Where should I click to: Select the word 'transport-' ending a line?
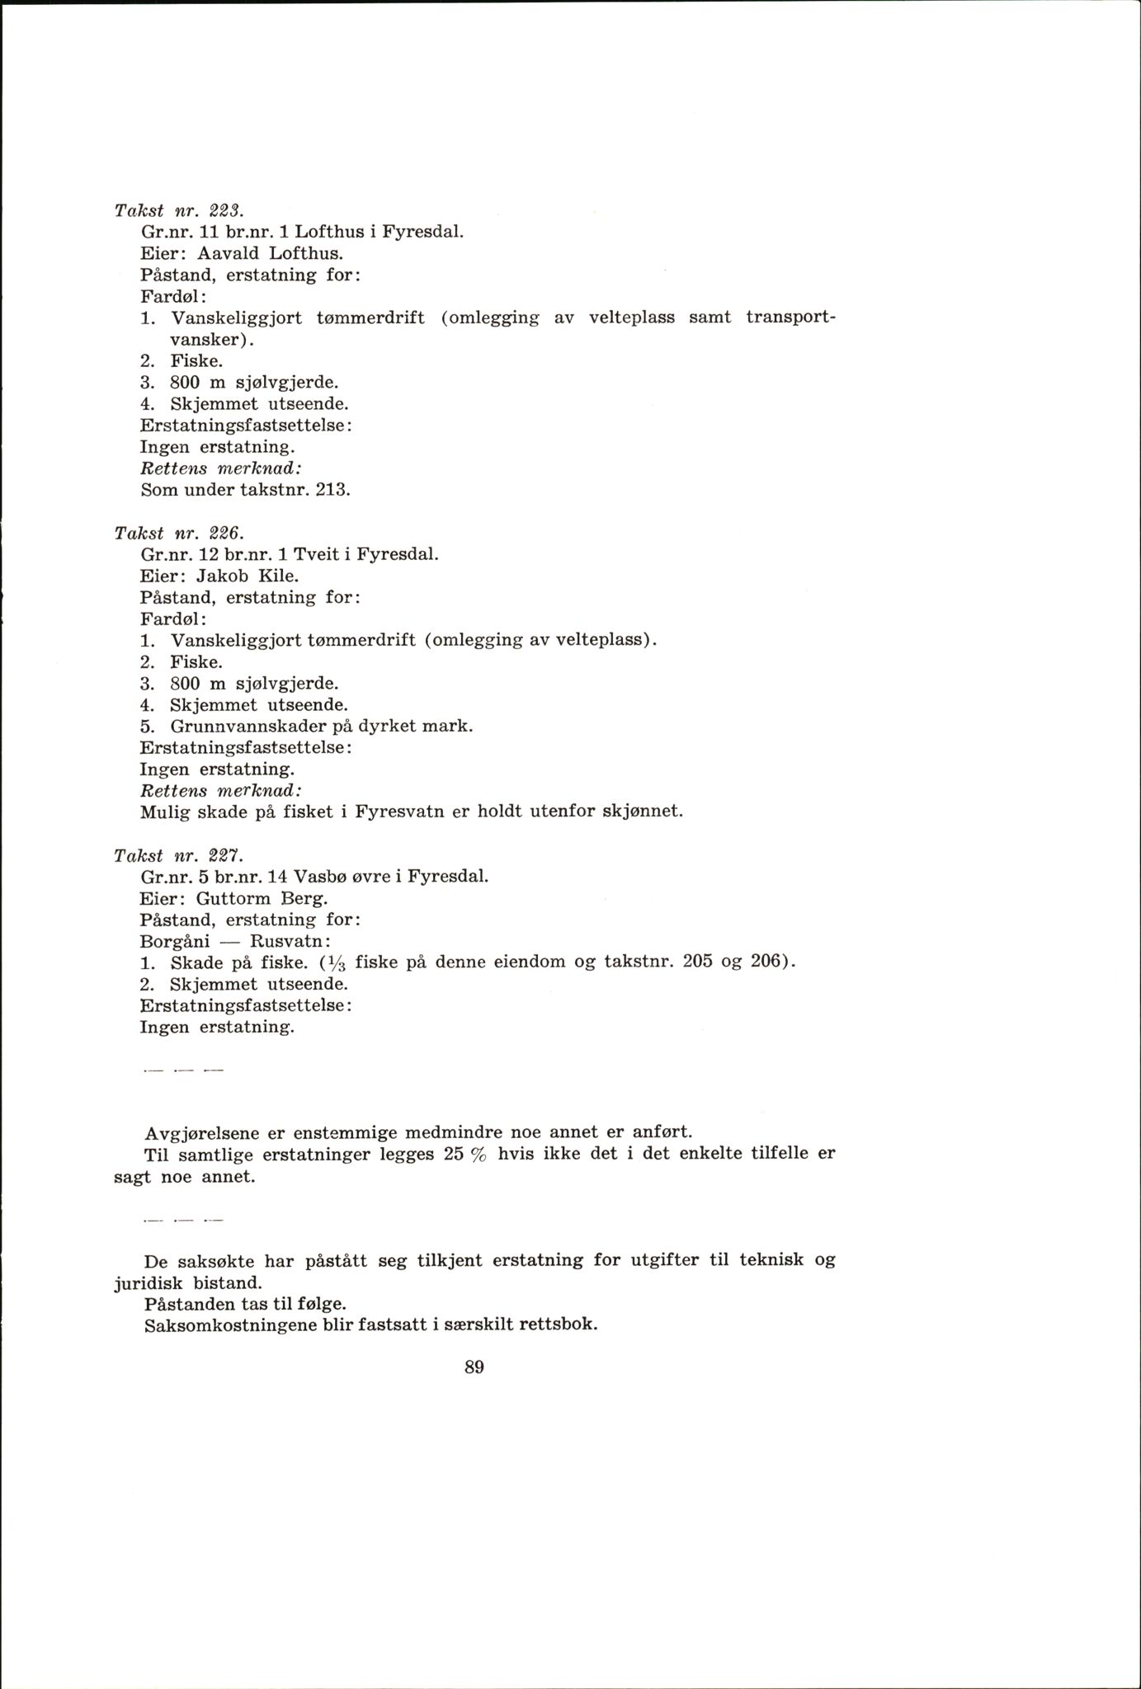coord(790,318)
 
